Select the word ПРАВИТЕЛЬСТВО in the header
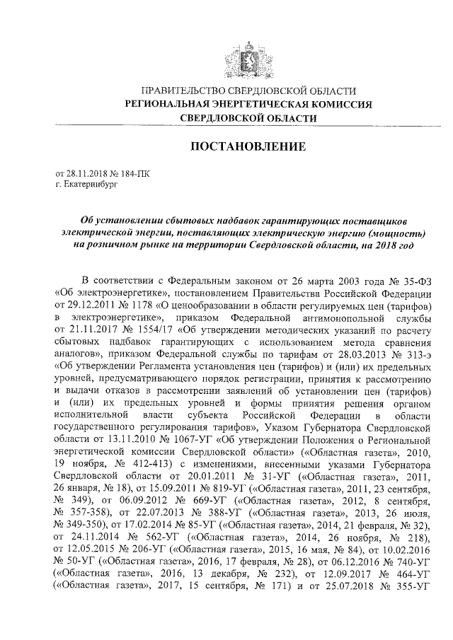point(180,91)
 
